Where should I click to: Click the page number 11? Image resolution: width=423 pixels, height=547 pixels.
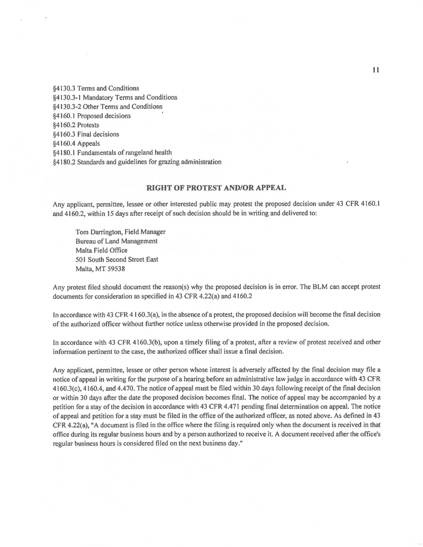[x=376, y=70]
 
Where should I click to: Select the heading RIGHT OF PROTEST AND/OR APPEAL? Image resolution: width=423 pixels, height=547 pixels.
[x=216, y=188]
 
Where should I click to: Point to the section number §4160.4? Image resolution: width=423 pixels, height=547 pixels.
[x=64, y=143]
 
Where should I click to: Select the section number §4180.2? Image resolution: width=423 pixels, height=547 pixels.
[x=64, y=162]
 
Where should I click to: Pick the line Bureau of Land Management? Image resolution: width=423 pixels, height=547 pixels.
[x=116, y=241]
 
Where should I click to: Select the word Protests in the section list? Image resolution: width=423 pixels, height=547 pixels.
[x=88, y=125]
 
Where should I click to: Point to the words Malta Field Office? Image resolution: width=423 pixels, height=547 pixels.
[x=101, y=250]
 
